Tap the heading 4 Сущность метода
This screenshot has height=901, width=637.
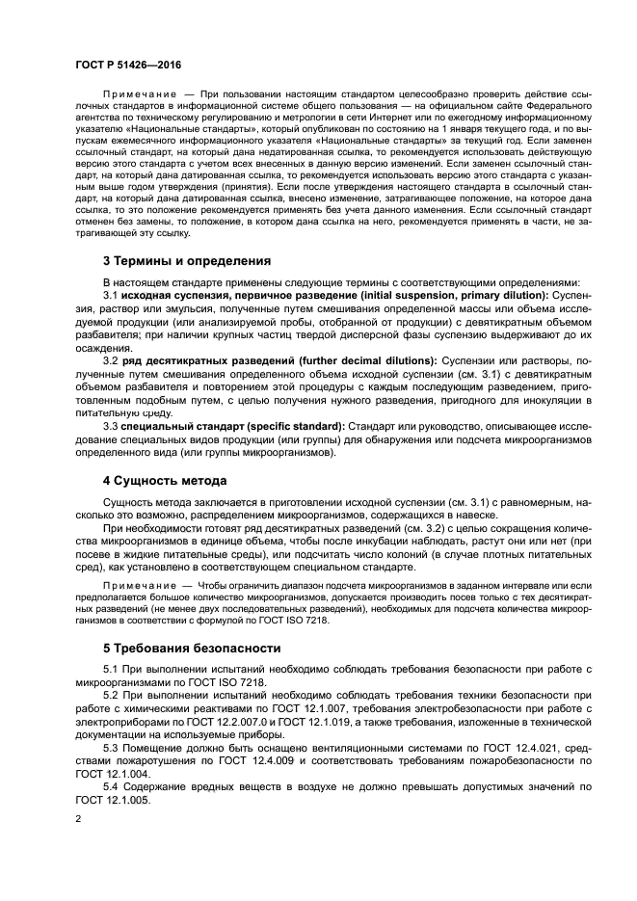(165, 480)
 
